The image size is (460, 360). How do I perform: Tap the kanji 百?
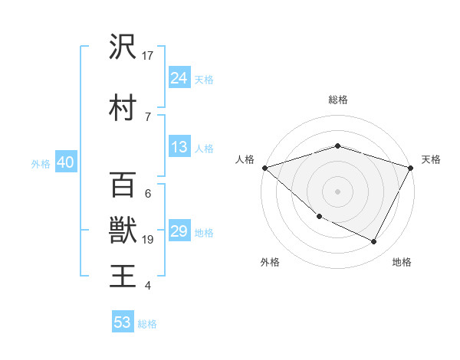point(123,185)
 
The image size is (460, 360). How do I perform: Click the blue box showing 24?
point(179,77)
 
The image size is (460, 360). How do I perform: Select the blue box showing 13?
point(179,147)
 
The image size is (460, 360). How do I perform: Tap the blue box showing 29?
point(179,231)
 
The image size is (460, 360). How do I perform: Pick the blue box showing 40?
point(65,162)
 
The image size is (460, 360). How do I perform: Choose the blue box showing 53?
point(123,322)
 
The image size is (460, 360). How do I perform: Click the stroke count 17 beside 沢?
point(148,55)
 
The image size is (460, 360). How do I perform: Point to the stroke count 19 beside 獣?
point(148,240)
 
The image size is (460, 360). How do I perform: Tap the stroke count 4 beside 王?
point(147,286)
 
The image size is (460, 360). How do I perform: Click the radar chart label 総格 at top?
point(337,100)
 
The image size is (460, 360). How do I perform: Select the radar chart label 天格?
point(431,159)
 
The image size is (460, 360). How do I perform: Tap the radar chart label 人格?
point(245,159)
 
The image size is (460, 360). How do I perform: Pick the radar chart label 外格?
point(270,262)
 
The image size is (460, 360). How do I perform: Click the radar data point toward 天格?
point(411,167)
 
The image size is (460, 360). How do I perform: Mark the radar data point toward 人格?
point(264,167)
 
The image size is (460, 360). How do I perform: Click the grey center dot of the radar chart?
point(337,191)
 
